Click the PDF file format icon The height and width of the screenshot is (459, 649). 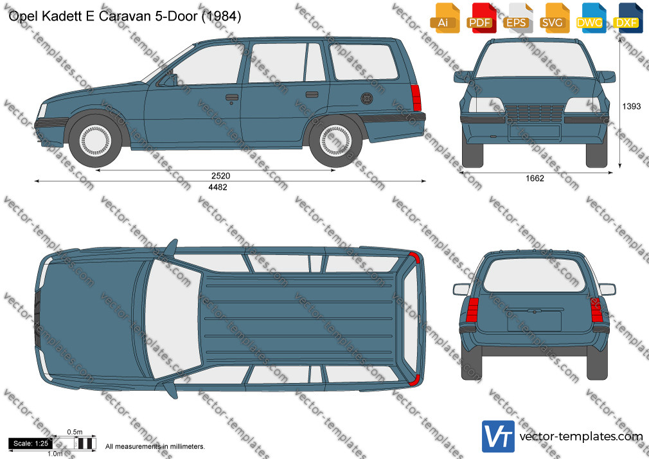click(480, 18)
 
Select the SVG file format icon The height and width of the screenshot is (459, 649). click(553, 18)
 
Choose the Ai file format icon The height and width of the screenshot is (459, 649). click(444, 18)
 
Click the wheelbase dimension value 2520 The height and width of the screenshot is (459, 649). click(220, 175)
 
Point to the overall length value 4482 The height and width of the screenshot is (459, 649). click(218, 187)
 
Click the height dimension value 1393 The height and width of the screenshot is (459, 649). click(631, 107)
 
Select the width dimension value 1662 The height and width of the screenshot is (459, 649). click(535, 178)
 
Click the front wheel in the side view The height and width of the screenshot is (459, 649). click(95, 140)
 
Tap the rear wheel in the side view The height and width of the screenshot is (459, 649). click(335, 140)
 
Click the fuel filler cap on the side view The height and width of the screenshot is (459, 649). click(367, 98)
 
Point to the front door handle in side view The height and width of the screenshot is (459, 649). click(232, 98)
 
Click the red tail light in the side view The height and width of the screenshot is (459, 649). click(416, 97)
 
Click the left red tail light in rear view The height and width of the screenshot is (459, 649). click(472, 310)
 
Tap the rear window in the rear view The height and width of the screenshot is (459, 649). click(535, 276)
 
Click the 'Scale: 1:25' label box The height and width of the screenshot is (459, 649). click(31, 444)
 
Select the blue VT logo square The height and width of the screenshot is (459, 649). click(499, 437)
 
